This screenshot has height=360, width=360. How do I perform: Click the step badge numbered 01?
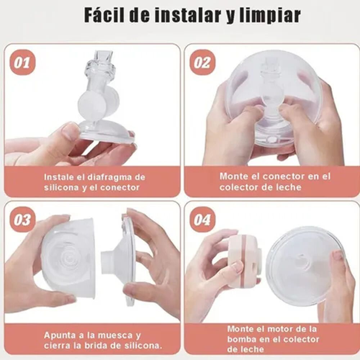pos(23,62)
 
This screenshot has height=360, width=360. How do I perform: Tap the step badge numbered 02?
pos(202,62)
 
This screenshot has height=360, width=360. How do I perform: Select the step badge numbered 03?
pos(22,220)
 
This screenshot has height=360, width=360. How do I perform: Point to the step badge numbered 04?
pos(202,220)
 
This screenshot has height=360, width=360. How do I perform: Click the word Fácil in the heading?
pos(105,15)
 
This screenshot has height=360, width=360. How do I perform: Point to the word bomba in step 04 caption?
pos(240,339)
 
